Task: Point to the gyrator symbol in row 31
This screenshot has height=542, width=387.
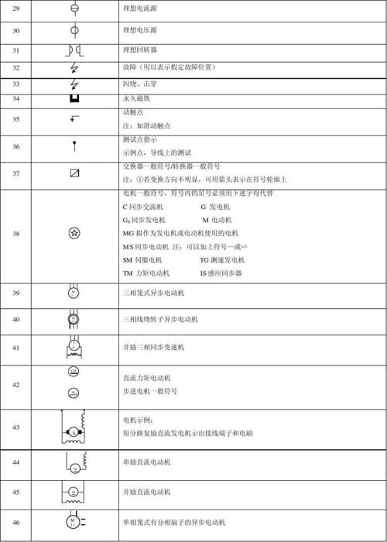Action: pyautogui.click(x=74, y=50)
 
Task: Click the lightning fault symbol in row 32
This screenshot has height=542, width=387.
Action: pyautogui.click(x=74, y=68)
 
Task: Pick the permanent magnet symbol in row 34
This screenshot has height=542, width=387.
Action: pyautogui.click(x=74, y=99)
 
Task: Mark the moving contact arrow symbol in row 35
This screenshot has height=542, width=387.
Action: pyautogui.click(x=74, y=118)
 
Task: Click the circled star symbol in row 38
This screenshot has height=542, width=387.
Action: pyautogui.click(x=74, y=233)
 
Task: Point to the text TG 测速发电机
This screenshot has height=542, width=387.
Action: pyautogui.click(x=228, y=260)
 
